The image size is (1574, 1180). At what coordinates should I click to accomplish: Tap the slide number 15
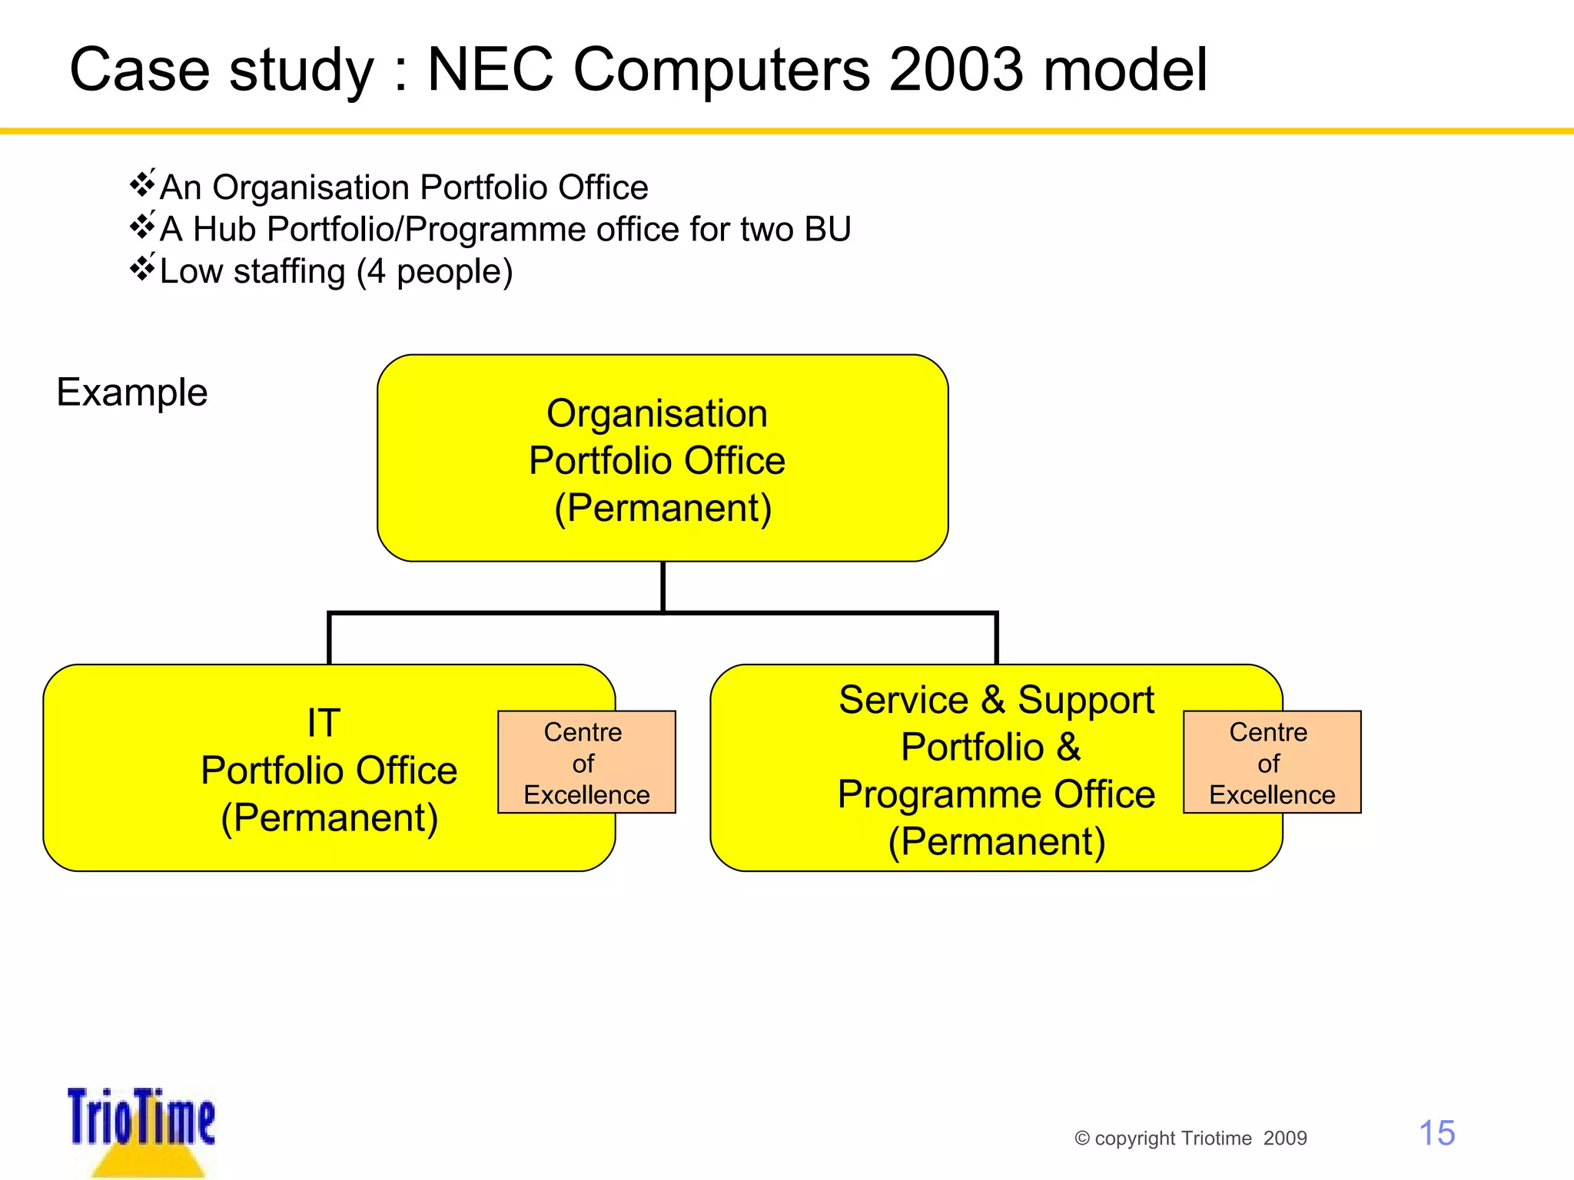click(1436, 1133)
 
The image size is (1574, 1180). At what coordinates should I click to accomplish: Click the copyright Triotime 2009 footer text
click(1190, 1138)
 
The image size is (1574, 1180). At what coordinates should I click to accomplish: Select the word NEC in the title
click(490, 70)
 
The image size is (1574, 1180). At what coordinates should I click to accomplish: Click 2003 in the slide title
click(956, 70)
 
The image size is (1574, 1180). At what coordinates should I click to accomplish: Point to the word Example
click(132, 393)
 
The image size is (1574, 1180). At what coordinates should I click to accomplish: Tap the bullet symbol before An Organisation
click(143, 184)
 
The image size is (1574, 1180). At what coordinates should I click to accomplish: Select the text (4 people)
click(434, 272)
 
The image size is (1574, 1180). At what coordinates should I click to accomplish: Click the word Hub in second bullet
click(225, 229)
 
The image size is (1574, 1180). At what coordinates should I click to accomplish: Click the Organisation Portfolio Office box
click(662, 458)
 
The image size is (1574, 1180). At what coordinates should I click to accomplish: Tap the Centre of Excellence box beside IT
click(586, 762)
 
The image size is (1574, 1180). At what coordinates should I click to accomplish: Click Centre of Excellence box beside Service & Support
click(1272, 762)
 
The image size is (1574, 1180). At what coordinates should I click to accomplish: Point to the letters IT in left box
click(324, 723)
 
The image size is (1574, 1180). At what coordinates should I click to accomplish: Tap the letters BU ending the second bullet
click(827, 229)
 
